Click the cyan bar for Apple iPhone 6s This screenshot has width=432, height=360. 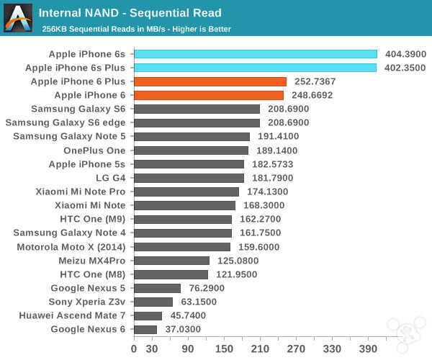coord(256,54)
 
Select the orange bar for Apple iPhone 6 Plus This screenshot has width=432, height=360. coord(210,81)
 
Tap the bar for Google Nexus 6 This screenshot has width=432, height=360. coord(145,330)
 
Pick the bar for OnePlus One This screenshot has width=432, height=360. coord(191,150)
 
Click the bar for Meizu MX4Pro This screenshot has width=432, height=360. coord(172,261)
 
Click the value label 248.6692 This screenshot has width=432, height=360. coord(313,95)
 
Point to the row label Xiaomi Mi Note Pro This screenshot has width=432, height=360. coord(81,192)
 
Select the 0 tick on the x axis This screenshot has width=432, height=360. coord(134,348)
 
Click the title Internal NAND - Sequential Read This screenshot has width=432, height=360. coord(130,13)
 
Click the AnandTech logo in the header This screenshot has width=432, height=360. coord(18,18)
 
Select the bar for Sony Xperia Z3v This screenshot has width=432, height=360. coord(153,302)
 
